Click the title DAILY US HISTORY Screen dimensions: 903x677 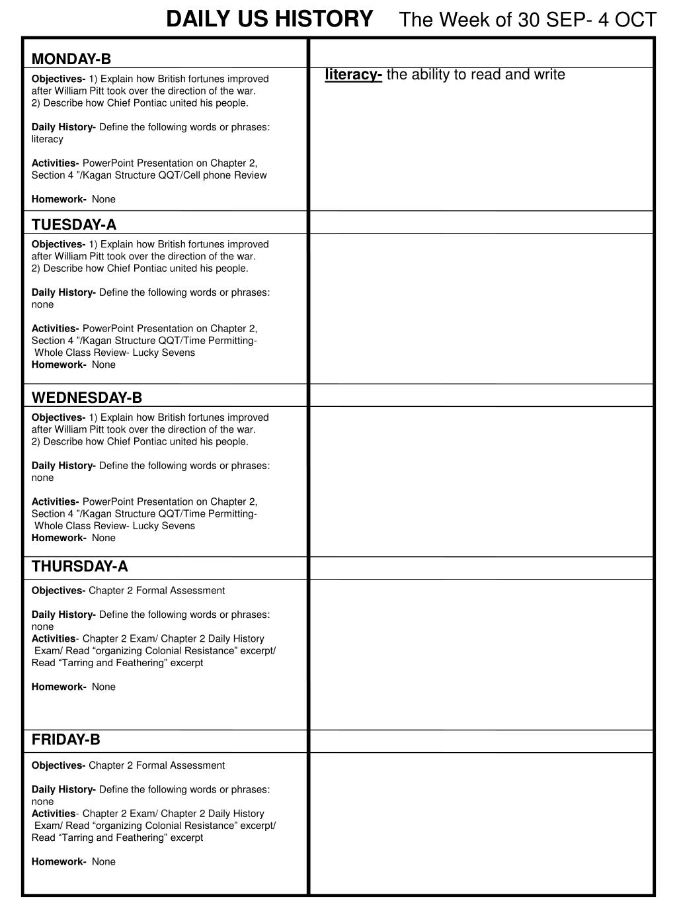(269, 19)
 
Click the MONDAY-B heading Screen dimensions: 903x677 (71, 60)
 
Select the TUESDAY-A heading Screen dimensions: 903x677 (74, 225)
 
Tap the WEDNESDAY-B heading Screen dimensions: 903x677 (87, 398)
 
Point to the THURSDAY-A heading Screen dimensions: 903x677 (80, 566)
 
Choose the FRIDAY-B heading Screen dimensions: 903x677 (66, 740)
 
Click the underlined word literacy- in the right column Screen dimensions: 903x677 (353, 75)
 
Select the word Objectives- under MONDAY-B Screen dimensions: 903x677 (58, 79)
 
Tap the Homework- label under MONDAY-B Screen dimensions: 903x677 (59, 199)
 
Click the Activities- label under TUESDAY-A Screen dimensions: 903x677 (56, 329)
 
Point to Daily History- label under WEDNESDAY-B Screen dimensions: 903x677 (63, 466)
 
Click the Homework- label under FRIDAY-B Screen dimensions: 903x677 (59, 862)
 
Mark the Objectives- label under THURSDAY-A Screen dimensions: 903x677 (58, 591)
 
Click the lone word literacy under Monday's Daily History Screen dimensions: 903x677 (48, 139)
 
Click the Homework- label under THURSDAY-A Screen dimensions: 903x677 (59, 687)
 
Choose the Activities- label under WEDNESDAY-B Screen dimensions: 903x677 (56, 502)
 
